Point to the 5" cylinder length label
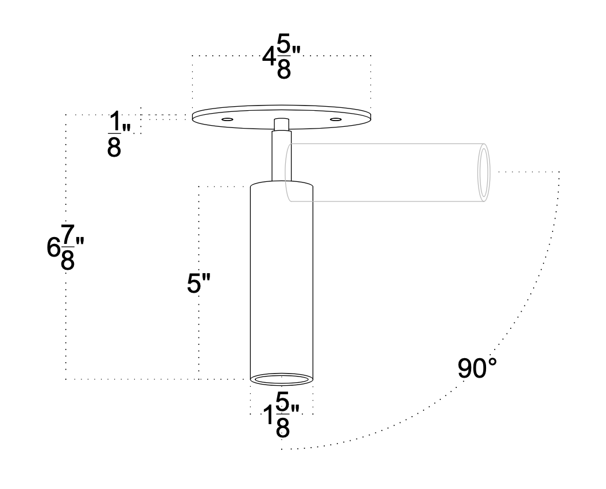[x=200, y=285]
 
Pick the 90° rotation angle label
[x=477, y=368]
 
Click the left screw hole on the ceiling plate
[x=227, y=119]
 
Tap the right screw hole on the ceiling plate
[x=335, y=119]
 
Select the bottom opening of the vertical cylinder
[x=281, y=378]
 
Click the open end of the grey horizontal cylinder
[x=484, y=172]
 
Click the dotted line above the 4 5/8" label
[x=230, y=55]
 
